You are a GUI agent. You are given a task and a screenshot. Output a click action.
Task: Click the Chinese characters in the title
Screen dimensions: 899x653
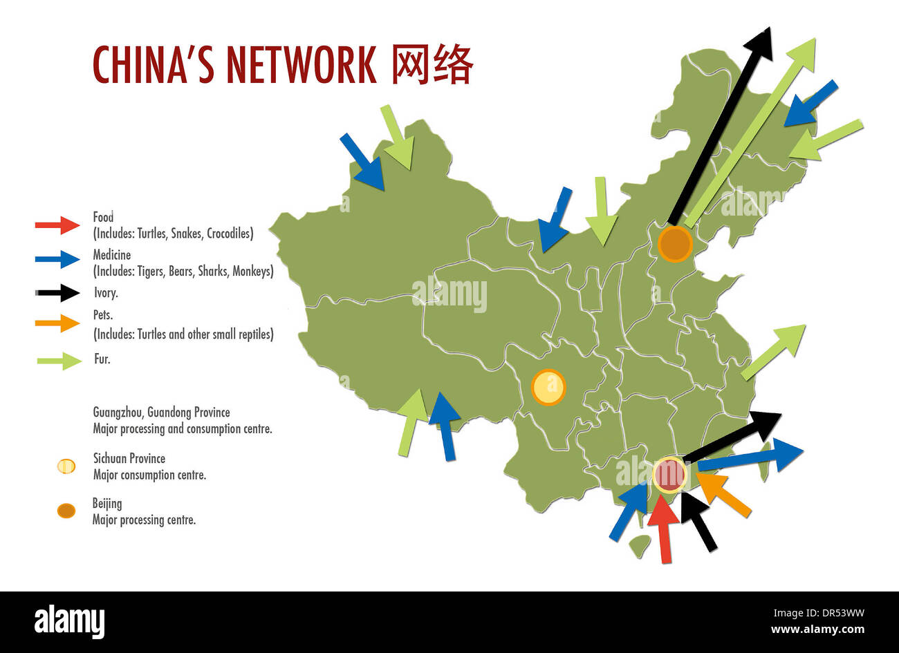point(432,65)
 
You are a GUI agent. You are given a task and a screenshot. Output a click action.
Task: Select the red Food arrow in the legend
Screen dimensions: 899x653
point(58,225)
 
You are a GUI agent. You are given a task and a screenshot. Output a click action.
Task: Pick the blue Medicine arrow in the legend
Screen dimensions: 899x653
point(58,258)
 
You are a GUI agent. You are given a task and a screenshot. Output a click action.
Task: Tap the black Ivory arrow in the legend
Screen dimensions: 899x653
point(58,292)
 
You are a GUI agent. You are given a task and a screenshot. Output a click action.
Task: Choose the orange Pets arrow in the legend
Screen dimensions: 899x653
point(58,323)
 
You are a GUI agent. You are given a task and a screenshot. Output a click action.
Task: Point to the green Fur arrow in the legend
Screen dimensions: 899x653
point(59,360)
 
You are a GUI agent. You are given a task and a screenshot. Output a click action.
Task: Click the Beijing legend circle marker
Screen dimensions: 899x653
point(66,511)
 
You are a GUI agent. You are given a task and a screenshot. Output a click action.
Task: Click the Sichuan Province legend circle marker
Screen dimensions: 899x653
point(66,466)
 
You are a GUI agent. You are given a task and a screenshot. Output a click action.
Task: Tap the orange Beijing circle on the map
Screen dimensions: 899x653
point(675,244)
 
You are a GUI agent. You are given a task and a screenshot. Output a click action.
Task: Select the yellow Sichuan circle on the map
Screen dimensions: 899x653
point(548,387)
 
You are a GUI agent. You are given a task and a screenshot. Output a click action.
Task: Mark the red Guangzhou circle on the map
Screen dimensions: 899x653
point(669,475)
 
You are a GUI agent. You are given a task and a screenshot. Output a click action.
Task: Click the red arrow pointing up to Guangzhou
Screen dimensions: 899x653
point(664,529)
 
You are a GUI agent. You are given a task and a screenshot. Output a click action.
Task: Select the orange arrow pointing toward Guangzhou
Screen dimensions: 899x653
point(723,494)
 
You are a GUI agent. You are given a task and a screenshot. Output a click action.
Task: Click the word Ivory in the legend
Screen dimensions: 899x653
point(106,293)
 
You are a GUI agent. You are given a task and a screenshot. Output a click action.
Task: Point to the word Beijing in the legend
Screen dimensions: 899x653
point(107,504)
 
